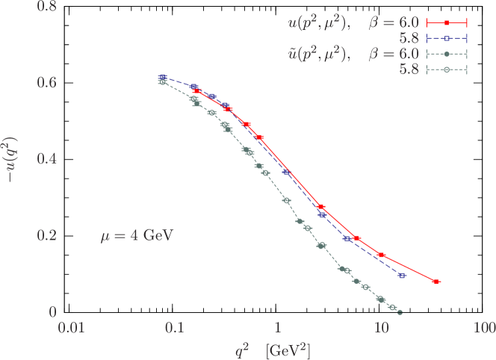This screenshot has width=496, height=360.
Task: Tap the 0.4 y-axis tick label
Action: (x=46, y=158)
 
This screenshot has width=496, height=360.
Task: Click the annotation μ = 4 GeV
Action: (x=137, y=236)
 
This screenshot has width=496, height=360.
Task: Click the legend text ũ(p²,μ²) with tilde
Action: (x=313, y=55)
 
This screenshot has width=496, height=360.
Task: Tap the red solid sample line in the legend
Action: (x=446, y=23)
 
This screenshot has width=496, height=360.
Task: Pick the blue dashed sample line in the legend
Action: (x=446, y=39)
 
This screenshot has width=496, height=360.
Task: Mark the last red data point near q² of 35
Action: (x=436, y=282)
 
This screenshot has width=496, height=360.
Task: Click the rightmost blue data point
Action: (x=402, y=276)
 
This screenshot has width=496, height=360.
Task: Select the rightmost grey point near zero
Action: (x=400, y=311)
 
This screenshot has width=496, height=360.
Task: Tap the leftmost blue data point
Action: (x=162, y=77)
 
